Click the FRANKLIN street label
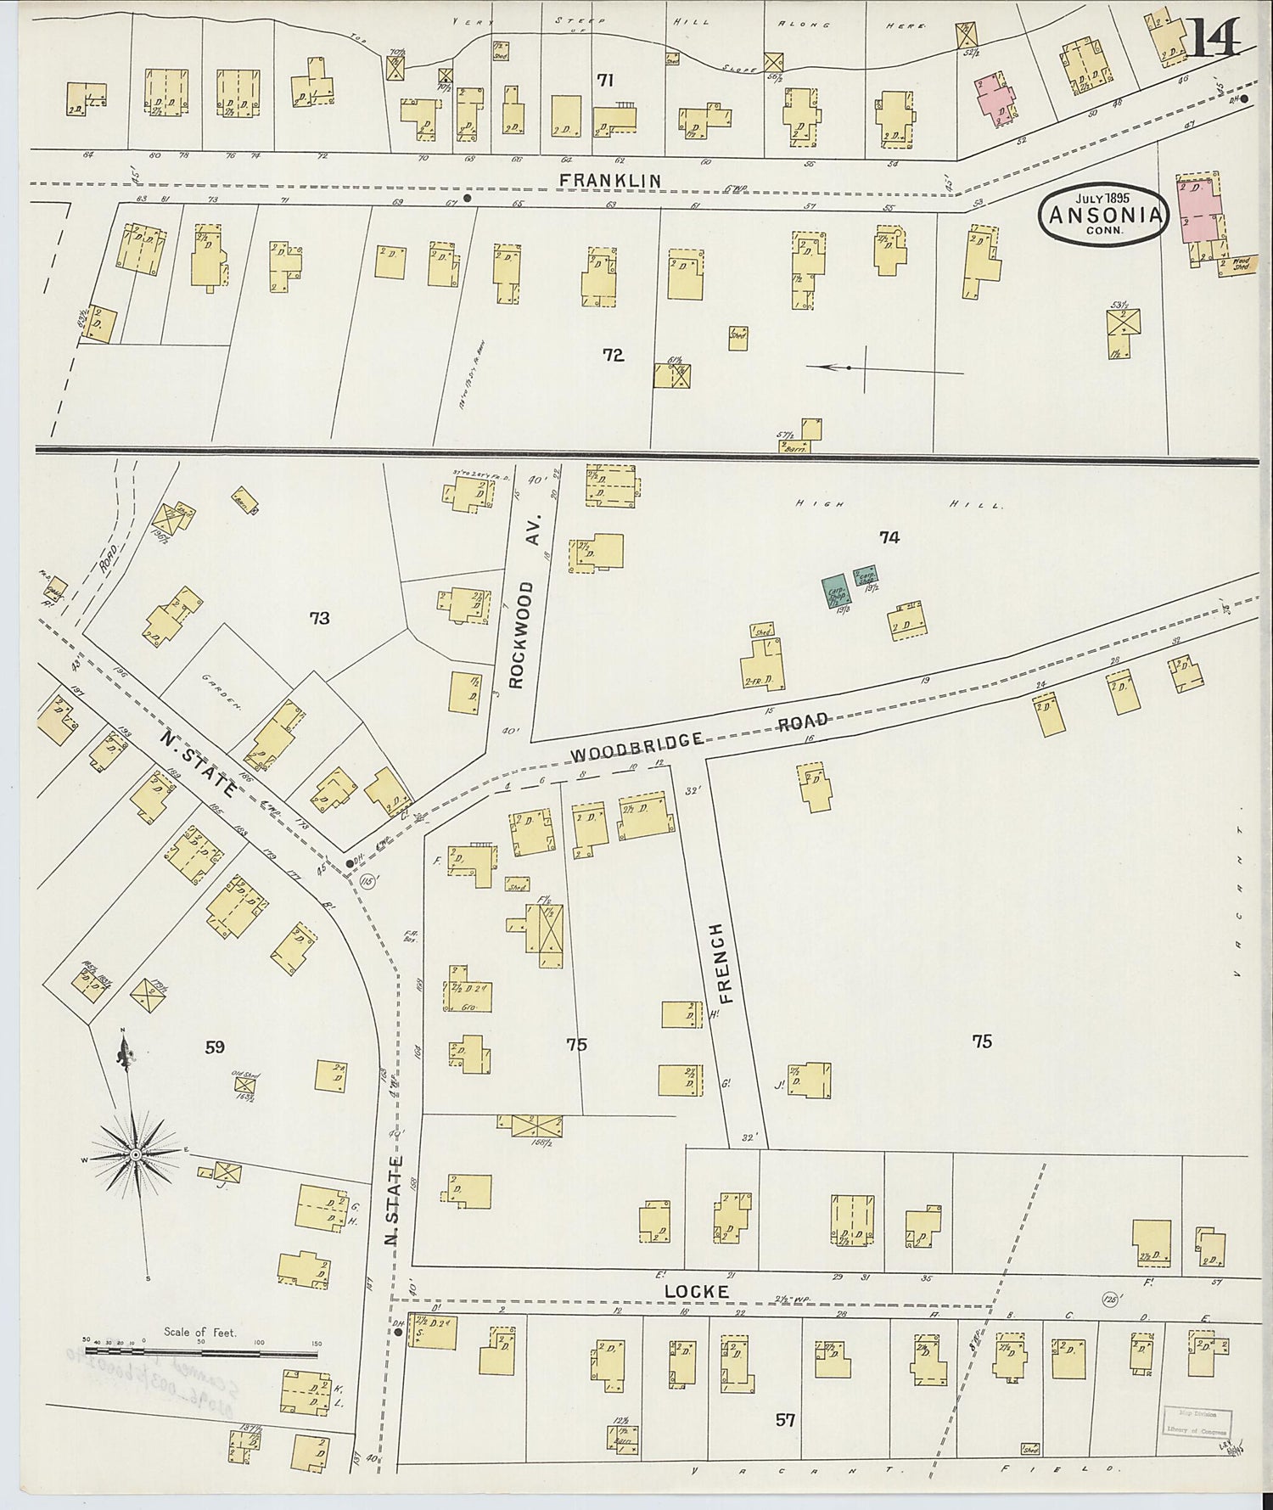611,180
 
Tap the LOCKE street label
696,1291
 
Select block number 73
319,618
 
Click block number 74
889,536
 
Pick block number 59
214,1047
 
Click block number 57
785,1418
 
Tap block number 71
604,81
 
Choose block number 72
613,355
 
